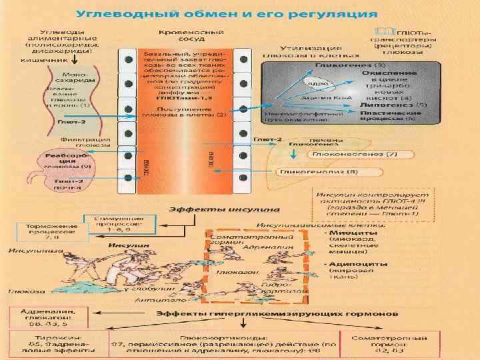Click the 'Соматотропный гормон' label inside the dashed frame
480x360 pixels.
click(230, 241)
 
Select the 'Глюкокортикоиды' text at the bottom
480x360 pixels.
click(220, 338)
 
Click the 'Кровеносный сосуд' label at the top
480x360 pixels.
click(180, 36)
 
